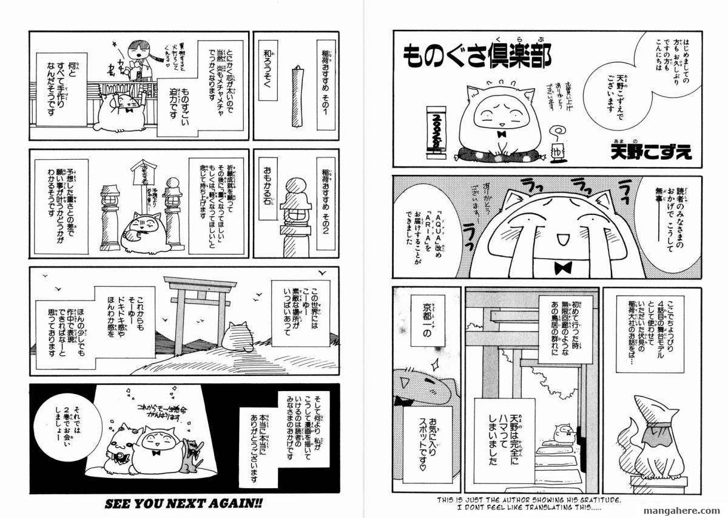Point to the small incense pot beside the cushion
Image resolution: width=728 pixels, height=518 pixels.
click(555, 149)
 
